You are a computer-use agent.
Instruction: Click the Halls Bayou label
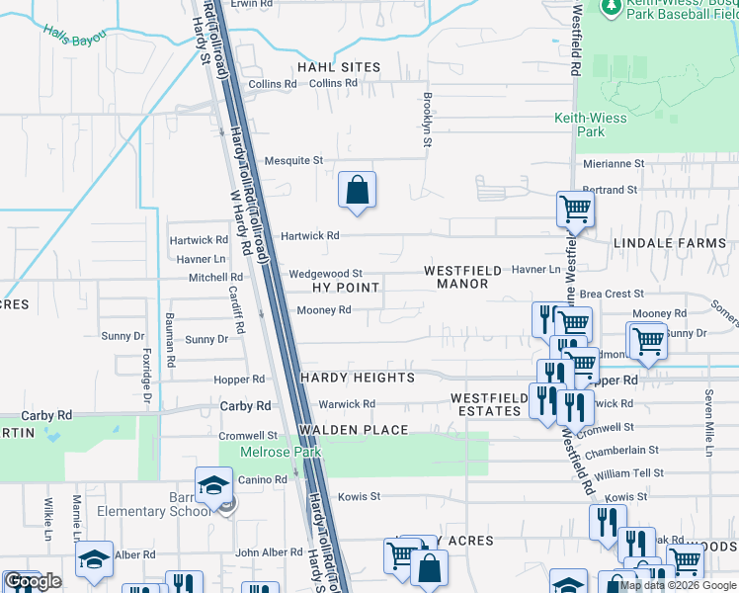pos(74,33)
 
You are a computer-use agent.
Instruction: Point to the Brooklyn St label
pos(428,120)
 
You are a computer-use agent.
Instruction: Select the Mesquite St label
pos(293,160)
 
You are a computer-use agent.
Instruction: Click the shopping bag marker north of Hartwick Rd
pos(357,190)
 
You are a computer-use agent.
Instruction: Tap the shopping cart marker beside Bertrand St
pos(574,209)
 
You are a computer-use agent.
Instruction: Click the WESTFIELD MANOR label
pos(456,277)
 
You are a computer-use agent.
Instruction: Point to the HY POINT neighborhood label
pos(346,288)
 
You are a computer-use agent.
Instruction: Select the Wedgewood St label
pos(326,274)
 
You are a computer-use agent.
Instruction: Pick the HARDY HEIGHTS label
pos(358,378)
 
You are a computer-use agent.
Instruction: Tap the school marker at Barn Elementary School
pos(213,484)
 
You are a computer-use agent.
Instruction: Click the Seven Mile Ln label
pos(708,420)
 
